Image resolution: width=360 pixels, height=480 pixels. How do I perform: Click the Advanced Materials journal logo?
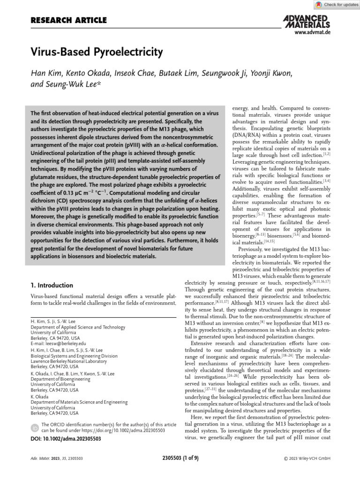(x=307, y=21)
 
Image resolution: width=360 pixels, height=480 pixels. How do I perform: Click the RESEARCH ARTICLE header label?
(x=68, y=20)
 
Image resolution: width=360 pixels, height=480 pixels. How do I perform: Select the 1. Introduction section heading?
(x=52, y=285)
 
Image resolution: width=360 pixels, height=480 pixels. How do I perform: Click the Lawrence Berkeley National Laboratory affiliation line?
(x=71, y=361)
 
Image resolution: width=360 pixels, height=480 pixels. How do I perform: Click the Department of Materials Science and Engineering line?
(x=79, y=402)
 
